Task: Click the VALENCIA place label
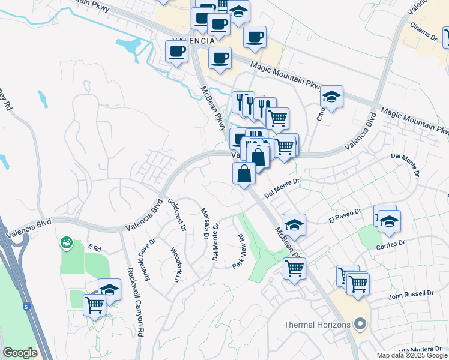pyautogui.click(x=193, y=40)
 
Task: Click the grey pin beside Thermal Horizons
pyautogui.click(x=360, y=325)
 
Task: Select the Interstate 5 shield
pyautogui.click(x=28, y=307)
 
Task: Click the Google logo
pyautogui.click(x=20, y=353)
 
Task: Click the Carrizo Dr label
pyautogui.click(x=391, y=245)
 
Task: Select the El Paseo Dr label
pyautogui.click(x=345, y=217)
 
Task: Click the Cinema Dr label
pyautogui.click(x=423, y=31)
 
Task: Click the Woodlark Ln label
pyautogui.click(x=175, y=265)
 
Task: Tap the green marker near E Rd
pyautogui.click(x=66, y=243)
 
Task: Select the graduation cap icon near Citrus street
pyautogui.click(x=331, y=96)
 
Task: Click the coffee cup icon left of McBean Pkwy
pyautogui.click(x=176, y=52)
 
